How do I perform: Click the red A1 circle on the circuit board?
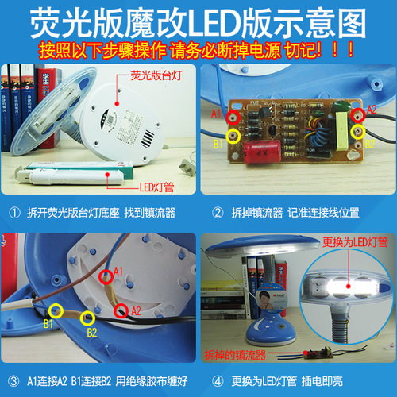click(x=232, y=117)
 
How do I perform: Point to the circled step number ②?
click(x=217, y=213)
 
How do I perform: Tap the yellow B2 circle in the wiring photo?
click(x=86, y=319)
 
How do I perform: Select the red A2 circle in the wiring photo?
click(x=121, y=309)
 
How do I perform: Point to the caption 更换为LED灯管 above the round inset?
click(x=337, y=241)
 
